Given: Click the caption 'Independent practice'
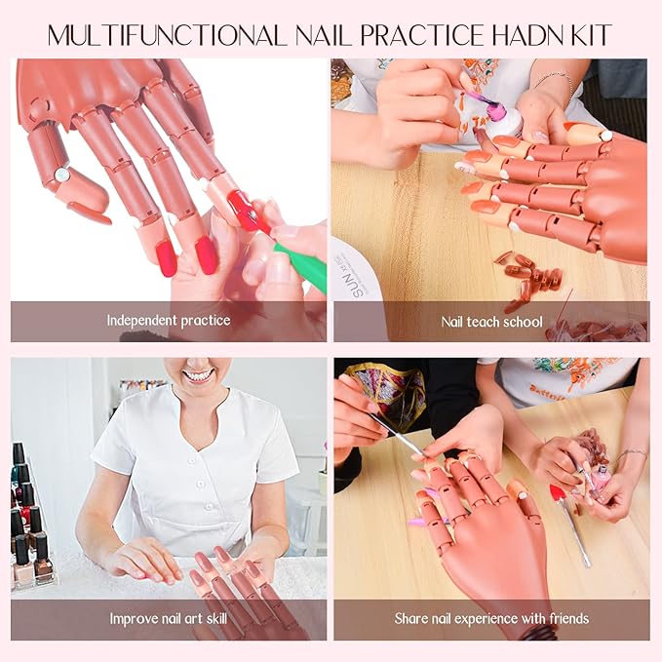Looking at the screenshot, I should [x=169, y=321].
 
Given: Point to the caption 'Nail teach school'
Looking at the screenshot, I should [x=491, y=321].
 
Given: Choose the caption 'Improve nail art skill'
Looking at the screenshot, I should [x=169, y=618].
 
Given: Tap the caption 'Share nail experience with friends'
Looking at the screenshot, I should [x=491, y=618].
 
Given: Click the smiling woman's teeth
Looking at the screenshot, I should [x=199, y=374].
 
